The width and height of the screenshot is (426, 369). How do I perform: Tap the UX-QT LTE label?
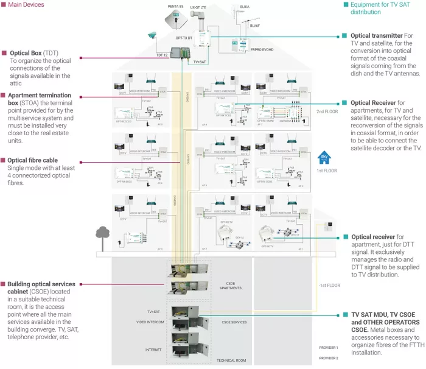coord(198,8)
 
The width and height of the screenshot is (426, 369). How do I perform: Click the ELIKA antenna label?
coord(245,7)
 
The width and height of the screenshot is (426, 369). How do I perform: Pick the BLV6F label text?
coord(256,26)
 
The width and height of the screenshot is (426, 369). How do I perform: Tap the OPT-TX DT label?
coord(184,38)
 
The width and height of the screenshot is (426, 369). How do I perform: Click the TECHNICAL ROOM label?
coord(231,360)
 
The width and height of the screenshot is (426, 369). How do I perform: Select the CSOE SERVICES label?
coord(234,322)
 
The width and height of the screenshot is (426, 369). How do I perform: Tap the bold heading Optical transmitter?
coord(377,35)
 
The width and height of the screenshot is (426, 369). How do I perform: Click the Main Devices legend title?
coord(27,4)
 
